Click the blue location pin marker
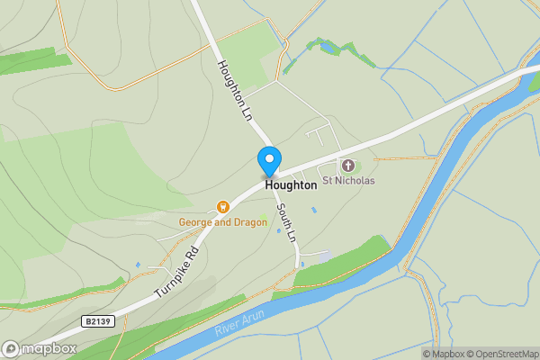click(268, 161)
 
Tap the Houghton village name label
click(291, 184)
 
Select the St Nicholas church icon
click(347, 166)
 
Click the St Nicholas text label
click(349, 181)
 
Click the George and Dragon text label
click(222, 222)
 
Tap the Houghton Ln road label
click(233, 91)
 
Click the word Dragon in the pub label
click(249, 222)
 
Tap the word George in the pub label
click(195, 222)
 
